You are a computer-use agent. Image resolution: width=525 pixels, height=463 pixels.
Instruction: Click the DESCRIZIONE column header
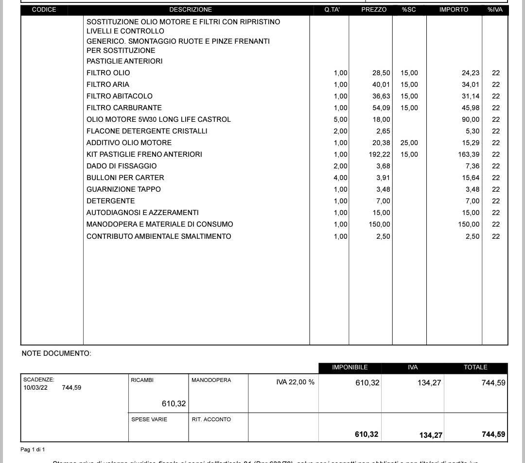(191, 10)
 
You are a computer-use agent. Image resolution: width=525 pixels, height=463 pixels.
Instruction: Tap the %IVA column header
(495, 10)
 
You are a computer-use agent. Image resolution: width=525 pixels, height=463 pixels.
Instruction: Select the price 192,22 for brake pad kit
(379, 154)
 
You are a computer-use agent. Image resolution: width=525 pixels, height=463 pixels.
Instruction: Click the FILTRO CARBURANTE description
(124, 108)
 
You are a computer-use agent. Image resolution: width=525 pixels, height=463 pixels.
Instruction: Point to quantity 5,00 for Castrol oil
(340, 119)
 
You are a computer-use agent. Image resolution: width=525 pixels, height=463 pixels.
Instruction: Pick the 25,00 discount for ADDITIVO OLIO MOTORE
(409, 143)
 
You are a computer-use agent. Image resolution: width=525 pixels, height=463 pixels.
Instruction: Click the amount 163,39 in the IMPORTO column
(469, 154)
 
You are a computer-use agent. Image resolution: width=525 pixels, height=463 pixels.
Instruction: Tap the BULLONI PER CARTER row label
(125, 178)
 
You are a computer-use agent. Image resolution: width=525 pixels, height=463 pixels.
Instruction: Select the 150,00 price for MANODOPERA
(379, 224)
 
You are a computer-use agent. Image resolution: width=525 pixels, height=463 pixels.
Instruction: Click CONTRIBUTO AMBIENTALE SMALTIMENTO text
(159, 236)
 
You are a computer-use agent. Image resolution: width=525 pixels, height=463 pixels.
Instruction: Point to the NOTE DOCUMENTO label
(56, 353)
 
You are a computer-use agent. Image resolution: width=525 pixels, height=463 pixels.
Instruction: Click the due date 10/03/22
(35, 388)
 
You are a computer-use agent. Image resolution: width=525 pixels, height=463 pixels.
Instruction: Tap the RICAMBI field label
(142, 380)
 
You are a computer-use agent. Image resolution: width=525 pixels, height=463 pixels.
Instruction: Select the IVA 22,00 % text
(295, 382)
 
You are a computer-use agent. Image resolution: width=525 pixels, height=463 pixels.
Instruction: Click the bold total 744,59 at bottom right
(493, 434)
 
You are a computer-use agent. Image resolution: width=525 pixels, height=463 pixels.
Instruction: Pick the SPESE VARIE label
(149, 419)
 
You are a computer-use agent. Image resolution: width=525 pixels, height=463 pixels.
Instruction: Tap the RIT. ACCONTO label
(211, 419)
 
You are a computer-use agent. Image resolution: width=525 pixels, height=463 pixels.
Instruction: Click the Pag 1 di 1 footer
(33, 450)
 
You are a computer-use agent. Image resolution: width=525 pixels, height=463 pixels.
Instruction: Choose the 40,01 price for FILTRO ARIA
(381, 84)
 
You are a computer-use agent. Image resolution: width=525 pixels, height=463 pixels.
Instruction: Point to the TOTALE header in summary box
(475, 367)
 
